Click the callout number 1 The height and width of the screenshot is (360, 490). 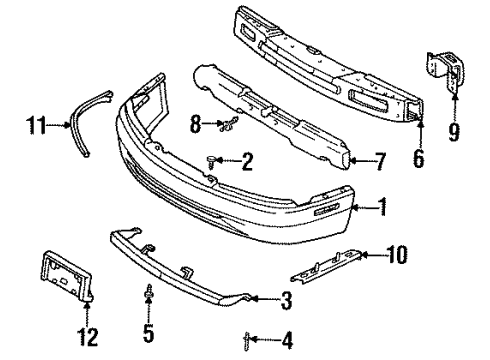(x=384, y=207)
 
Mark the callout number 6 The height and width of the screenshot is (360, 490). (x=419, y=157)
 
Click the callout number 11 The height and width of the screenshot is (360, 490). (x=36, y=126)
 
